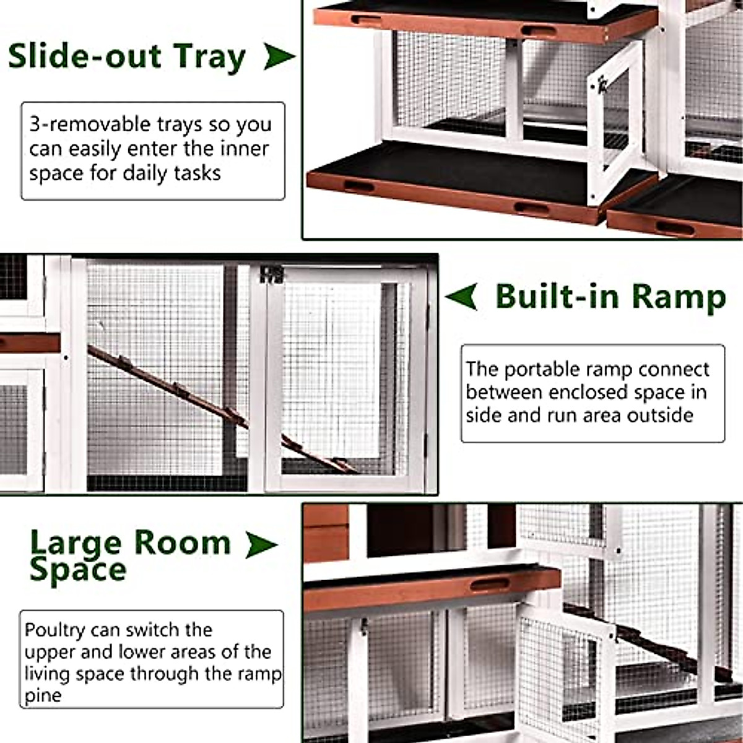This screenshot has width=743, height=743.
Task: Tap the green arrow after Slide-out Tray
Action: pos(278,57)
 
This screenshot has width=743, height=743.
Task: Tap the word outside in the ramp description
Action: pos(660,414)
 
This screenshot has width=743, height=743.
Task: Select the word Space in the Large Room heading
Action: pos(77,570)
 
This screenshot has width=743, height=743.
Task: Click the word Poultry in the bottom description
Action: pos(54,630)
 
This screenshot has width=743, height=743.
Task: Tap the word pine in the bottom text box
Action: pos(43,695)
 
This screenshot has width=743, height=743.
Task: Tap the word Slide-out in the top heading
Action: pos(85,57)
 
